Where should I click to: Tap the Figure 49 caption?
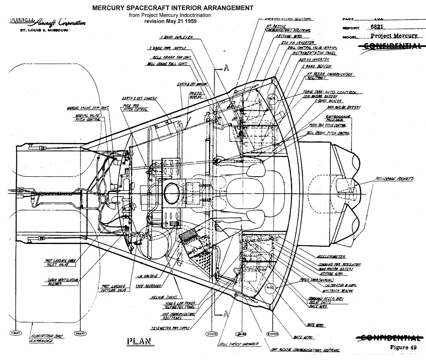click(x=403, y=347)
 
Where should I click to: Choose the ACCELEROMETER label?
click(x=330, y=257)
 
